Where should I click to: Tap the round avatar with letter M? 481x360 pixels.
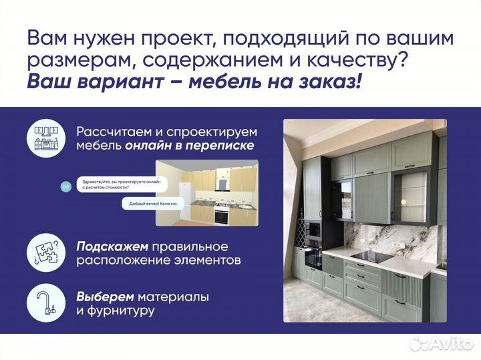(x=65, y=186)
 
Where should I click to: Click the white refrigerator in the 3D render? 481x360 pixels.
(x=186, y=201)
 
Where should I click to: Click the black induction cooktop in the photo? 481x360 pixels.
(x=372, y=258)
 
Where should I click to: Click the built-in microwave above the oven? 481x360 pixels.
(x=312, y=230)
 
